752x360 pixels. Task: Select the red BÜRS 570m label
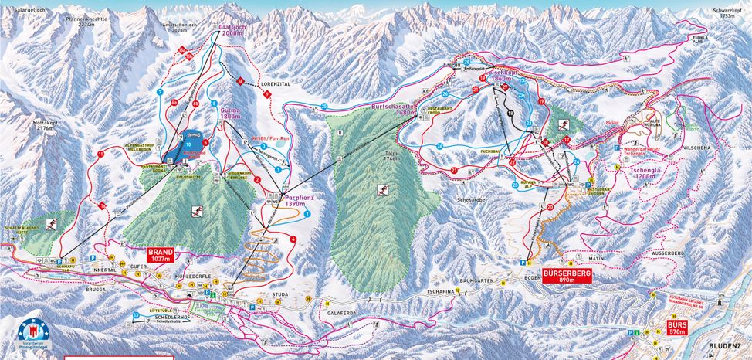(x=676, y=327)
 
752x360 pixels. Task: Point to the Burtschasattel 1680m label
(x=395, y=108)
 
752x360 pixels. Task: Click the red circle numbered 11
(x=100, y=155)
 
